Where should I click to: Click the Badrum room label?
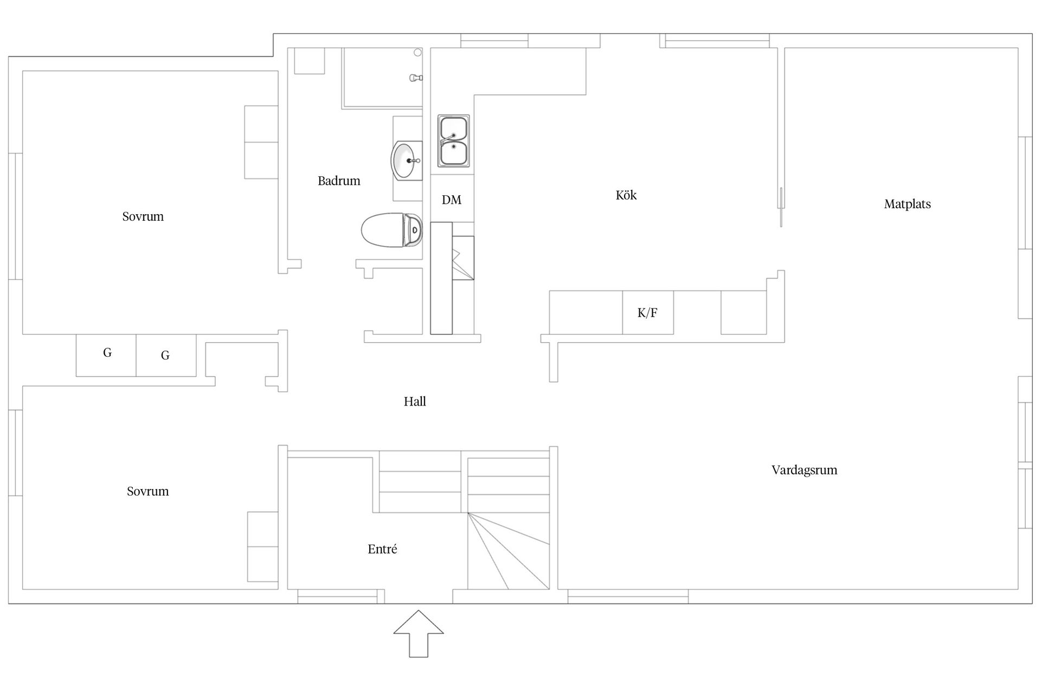(339, 181)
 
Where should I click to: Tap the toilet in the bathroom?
(391, 230)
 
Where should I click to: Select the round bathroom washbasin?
(407, 160)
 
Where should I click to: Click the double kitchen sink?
(454, 141)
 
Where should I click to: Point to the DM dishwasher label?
(452, 200)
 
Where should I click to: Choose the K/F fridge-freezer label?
(647, 313)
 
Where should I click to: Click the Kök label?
(626, 195)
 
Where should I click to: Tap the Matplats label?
(907, 204)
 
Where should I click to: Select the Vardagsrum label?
(804, 470)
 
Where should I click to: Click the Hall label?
(415, 402)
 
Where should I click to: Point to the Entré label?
(382, 549)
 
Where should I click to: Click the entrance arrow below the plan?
(419, 634)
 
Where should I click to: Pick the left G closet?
(106, 355)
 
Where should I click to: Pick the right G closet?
(166, 355)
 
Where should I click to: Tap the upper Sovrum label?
(143, 217)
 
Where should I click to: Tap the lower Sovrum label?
(147, 492)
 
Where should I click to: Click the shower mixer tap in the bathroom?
(416, 78)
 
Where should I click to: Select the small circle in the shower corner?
(417, 53)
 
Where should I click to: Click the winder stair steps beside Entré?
(509, 551)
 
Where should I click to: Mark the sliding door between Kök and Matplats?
(781, 207)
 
